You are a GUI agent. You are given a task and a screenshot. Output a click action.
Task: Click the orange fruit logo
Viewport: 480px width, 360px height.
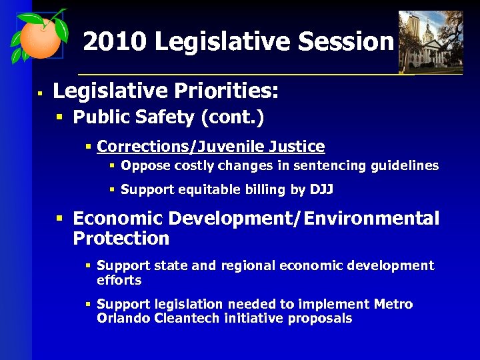39,37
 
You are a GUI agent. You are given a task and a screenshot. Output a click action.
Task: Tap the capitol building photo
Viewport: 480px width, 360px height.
430,41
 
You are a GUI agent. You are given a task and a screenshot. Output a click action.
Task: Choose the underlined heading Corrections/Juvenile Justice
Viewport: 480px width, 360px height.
211,147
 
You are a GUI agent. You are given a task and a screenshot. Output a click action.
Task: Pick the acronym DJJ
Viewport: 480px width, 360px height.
321,190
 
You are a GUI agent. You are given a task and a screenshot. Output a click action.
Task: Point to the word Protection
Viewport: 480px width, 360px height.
121,239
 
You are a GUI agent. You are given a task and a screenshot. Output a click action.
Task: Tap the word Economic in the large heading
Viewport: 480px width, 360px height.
118,219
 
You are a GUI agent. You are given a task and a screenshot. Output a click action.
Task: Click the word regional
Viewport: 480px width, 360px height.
247,266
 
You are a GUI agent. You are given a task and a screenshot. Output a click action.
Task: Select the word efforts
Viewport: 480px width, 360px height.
119,280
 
